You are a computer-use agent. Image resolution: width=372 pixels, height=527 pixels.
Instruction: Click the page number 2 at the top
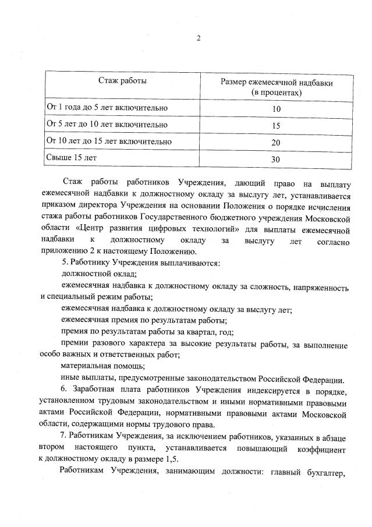(199, 39)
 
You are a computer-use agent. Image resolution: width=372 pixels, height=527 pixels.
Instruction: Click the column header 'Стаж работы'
(122, 81)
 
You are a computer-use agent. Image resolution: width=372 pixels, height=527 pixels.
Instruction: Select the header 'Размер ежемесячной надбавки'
(277, 83)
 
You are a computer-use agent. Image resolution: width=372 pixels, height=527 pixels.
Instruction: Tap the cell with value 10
(276, 109)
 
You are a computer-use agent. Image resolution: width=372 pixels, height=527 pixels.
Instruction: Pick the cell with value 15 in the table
(276, 126)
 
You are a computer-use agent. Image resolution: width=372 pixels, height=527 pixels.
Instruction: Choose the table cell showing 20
(276, 143)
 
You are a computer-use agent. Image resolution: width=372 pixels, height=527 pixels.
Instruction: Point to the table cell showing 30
(276, 159)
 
